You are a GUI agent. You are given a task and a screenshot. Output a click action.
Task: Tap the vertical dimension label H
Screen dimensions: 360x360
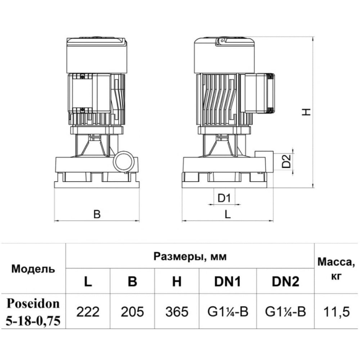pos(306,112)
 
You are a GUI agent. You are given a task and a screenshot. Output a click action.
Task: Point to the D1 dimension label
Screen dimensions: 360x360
pos(224,198)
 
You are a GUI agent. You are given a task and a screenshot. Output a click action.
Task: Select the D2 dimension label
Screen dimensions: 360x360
pos(286,161)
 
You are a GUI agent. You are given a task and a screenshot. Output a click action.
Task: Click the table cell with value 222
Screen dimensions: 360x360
pos(88,311)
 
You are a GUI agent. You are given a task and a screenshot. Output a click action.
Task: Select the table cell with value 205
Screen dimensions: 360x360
pos(132,311)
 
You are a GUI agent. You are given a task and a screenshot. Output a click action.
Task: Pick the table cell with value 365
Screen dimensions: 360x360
pos(177,311)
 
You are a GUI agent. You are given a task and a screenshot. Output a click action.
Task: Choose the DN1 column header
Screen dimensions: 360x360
pos(228,281)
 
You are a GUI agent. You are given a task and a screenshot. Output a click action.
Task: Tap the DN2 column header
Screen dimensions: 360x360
pos(285,281)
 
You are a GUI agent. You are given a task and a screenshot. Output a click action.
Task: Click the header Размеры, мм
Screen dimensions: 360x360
pos(190,256)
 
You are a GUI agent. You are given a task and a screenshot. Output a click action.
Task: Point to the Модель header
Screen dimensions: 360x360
pos(33,269)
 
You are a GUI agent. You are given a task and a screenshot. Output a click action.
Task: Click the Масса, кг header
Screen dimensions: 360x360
pos(336,269)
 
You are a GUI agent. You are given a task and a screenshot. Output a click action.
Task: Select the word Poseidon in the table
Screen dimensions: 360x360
pos(33,303)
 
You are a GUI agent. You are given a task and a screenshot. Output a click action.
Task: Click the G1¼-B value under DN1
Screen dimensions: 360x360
pos(228,311)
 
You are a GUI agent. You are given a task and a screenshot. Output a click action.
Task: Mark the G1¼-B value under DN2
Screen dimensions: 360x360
pos(285,311)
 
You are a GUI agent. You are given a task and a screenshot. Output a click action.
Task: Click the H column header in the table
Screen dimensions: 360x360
pos(177,281)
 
